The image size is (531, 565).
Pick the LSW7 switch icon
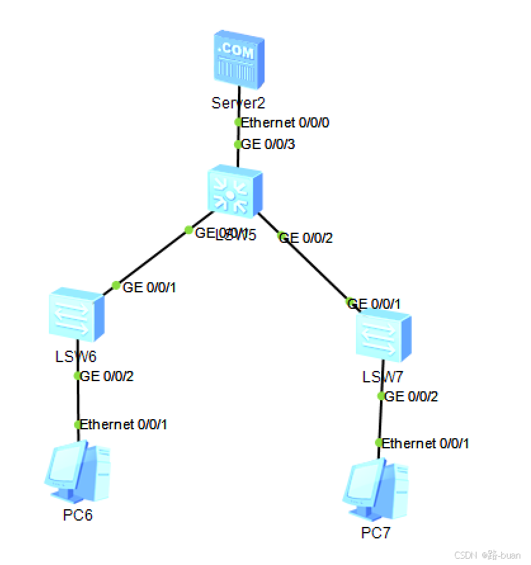[x=383, y=334]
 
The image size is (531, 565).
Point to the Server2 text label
[x=239, y=103]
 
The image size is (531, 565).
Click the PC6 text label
[x=78, y=515]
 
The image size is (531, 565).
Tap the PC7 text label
[x=376, y=533]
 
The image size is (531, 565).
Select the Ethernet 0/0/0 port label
[x=285, y=122]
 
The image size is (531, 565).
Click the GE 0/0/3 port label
[x=269, y=145]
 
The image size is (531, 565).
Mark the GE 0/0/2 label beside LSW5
[x=306, y=238]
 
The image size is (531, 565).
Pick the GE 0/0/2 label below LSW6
[x=107, y=376]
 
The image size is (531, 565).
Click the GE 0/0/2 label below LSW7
[x=412, y=397]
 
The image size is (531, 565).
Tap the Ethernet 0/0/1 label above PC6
[x=124, y=424]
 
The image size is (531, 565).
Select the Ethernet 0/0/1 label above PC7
[x=426, y=443]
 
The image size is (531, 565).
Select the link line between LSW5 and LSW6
[x=152, y=257]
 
